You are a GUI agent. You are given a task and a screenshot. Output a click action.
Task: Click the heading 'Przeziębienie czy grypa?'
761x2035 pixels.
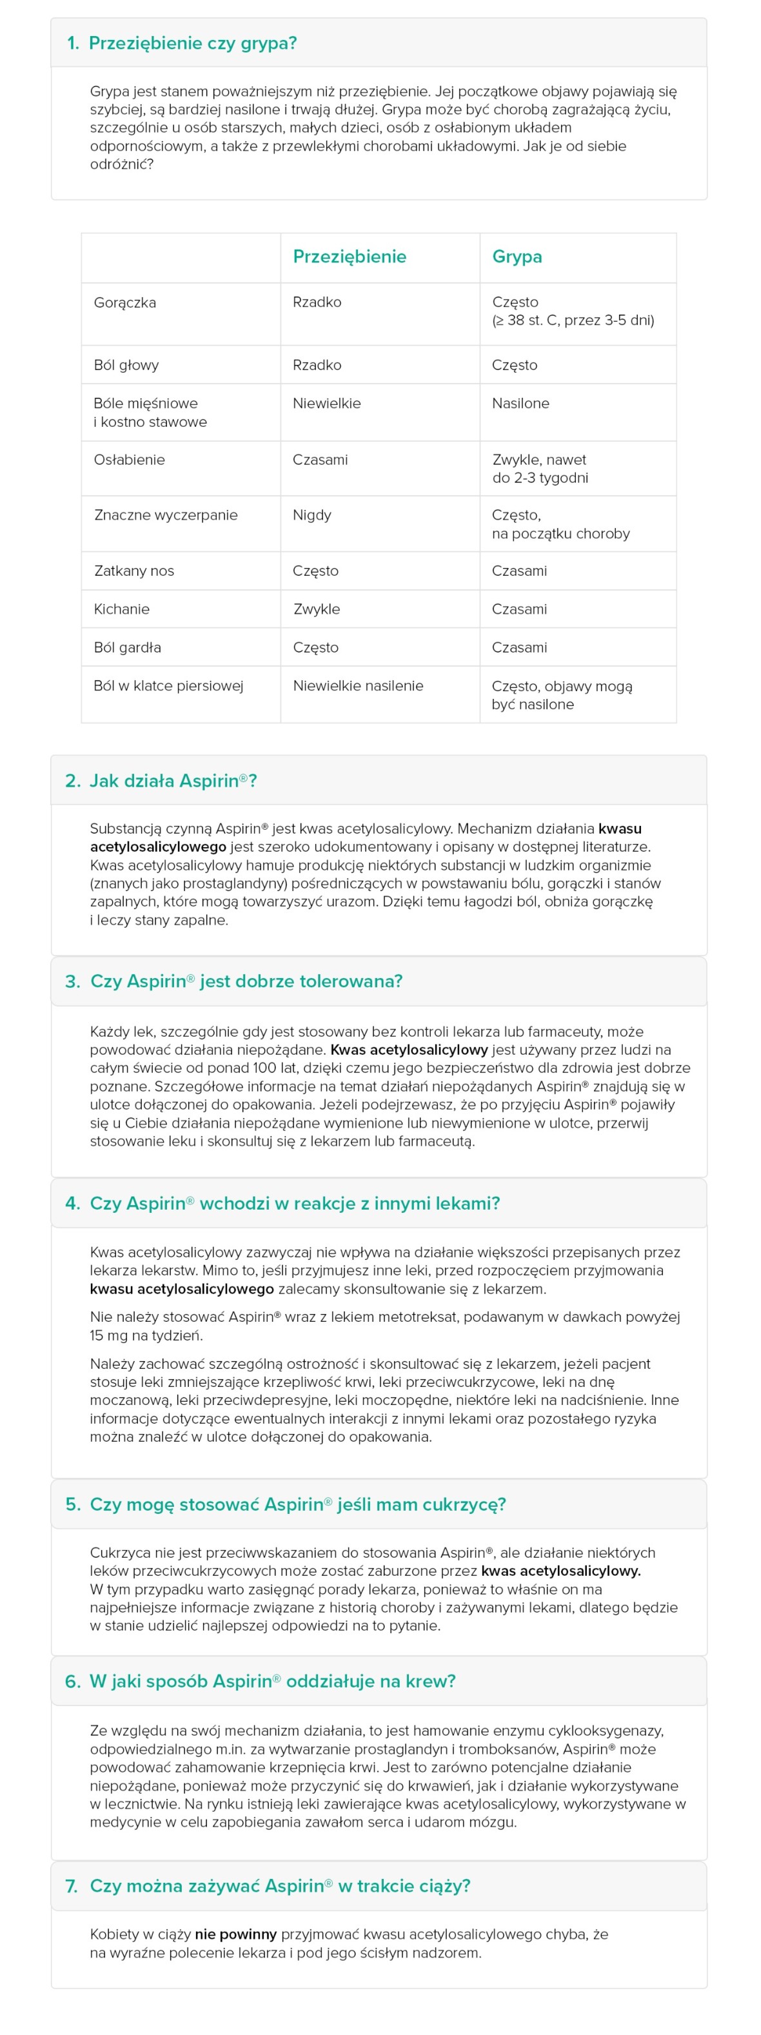coord(192,43)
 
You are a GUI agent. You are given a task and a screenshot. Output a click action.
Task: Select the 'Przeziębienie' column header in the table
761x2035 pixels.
coord(350,257)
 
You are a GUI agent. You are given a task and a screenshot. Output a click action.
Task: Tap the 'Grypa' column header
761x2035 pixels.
coord(517,257)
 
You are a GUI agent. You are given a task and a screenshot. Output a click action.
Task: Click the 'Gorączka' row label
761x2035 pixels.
coord(125,302)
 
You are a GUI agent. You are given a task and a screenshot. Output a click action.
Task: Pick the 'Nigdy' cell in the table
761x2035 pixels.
coord(311,515)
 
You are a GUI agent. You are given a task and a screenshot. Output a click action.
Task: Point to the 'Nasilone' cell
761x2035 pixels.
coord(520,404)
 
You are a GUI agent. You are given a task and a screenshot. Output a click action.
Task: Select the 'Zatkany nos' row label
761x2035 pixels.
coord(133,571)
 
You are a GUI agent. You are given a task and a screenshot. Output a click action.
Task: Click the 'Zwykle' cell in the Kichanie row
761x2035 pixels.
coord(316,609)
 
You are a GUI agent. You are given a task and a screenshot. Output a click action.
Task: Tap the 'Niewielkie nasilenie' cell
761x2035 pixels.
coord(358,685)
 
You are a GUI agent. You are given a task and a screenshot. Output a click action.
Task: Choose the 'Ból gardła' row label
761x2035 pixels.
coord(127,648)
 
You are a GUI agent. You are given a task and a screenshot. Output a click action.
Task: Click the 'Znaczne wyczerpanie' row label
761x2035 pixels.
coord(166,515)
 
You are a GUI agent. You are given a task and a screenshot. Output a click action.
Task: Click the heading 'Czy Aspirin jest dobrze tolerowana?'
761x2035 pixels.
coord(246,981)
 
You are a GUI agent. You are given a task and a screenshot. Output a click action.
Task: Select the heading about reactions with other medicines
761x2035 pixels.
coord(294,1203)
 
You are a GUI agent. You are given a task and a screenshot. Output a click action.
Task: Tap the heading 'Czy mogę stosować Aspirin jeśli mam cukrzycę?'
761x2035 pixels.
coord(297,1504)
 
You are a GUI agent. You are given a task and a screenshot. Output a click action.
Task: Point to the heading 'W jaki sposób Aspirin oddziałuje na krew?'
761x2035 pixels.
coord(272,1681)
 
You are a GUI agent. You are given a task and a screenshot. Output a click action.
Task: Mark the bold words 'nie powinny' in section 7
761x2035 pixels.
coord(235,1934)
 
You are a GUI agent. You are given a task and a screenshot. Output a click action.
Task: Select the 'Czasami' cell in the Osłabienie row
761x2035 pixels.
coord(320,460)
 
